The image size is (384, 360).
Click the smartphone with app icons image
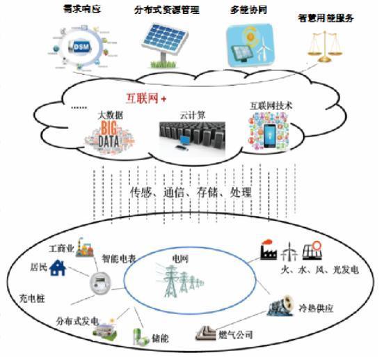click(267, 134)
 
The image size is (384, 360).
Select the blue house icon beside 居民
click(58, 268)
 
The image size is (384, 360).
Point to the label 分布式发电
click(77, 322)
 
